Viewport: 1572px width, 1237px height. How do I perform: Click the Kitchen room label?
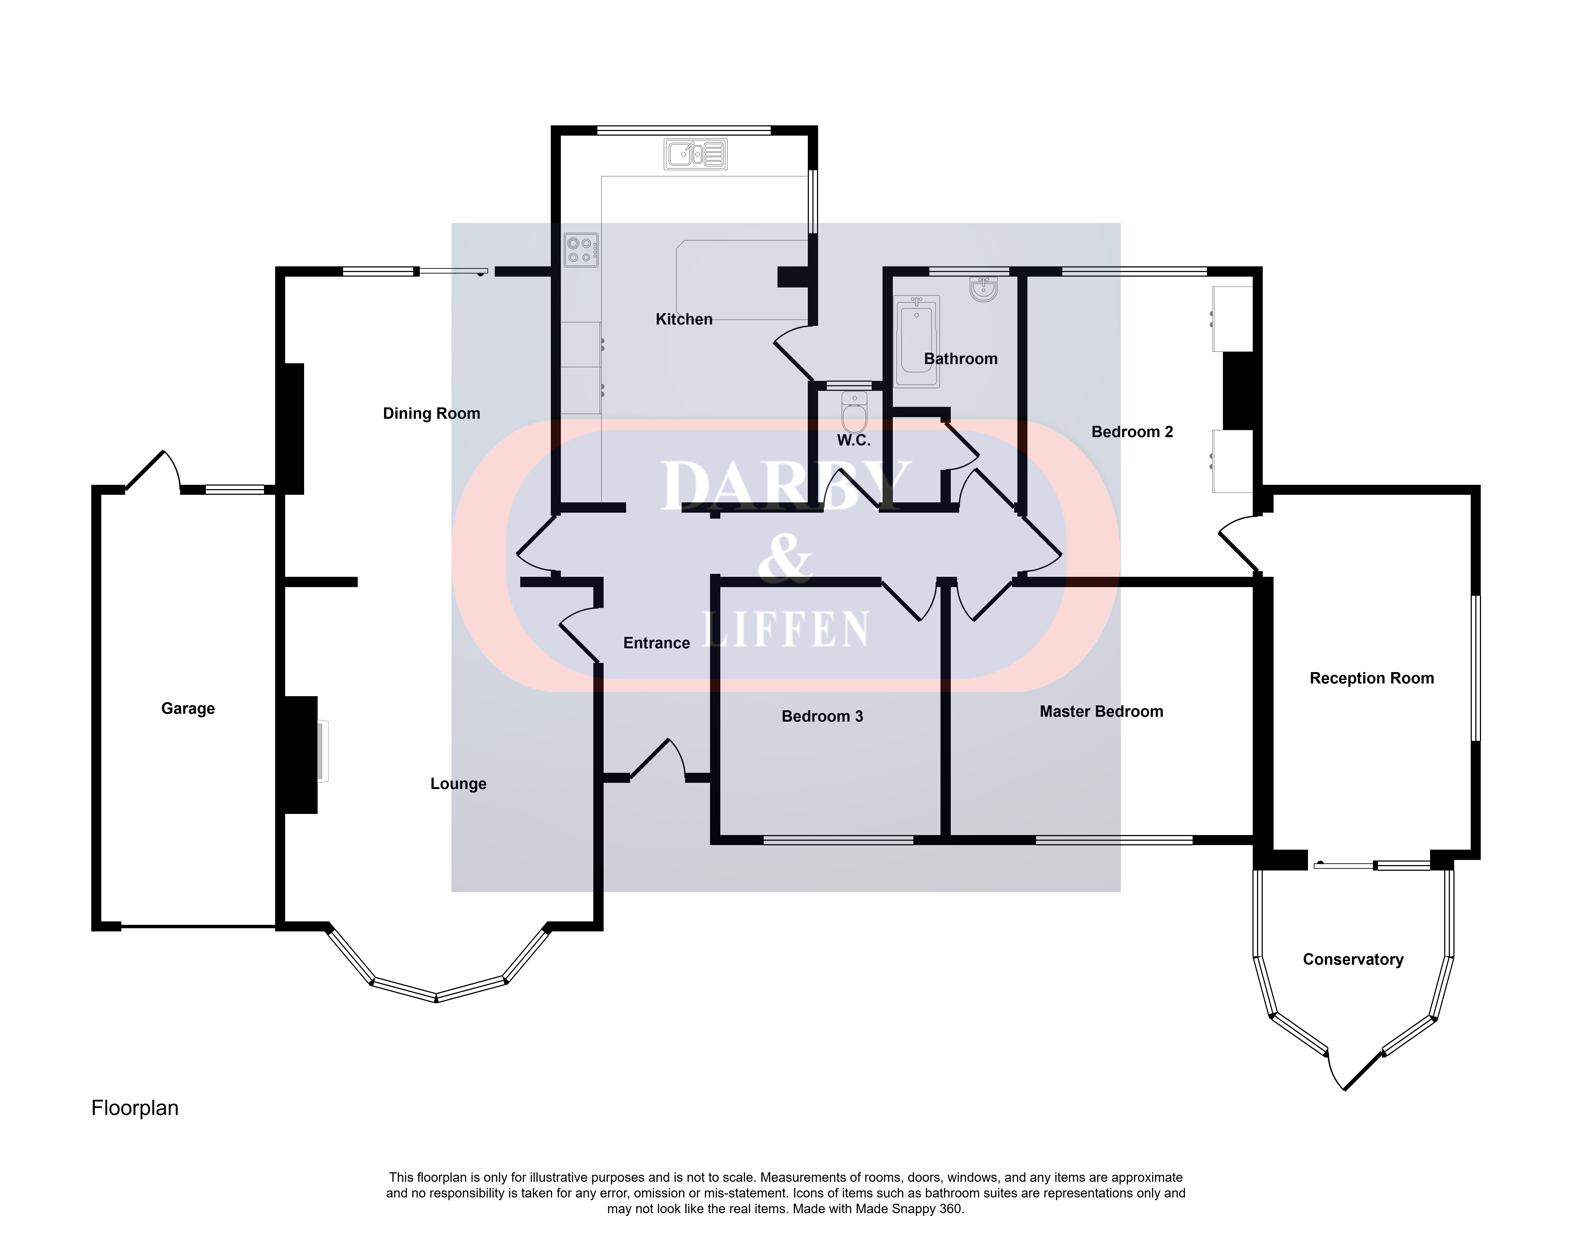[684, 319]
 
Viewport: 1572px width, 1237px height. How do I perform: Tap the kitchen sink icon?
[695, 154]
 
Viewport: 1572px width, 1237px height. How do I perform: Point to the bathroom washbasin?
[984, 288]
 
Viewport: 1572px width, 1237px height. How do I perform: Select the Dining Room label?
[432, 414]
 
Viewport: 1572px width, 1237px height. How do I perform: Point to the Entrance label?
[656, 643]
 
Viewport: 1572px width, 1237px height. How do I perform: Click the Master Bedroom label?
[1101, 712]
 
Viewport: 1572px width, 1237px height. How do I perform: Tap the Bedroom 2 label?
[1132, 432]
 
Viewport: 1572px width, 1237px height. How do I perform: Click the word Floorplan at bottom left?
[135, 1108]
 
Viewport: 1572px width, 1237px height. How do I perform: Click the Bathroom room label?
[961, 359]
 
